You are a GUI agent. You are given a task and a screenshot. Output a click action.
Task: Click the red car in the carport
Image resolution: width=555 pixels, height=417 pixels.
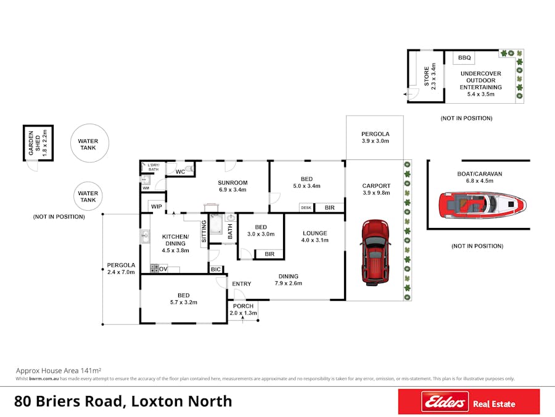[x=375, y=252]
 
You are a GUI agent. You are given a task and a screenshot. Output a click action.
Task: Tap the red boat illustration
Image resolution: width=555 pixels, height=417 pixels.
[x=483, y=203]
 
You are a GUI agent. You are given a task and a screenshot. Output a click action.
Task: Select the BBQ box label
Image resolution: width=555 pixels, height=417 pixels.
[x=464, y=58]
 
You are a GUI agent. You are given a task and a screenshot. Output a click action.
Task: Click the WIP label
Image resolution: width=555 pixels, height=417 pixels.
[x=156, y=206]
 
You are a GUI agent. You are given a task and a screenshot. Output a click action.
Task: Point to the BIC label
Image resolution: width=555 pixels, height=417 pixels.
[x=216, y=269]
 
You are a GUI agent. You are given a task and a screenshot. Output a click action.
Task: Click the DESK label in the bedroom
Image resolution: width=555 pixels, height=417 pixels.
[x=306, y=208]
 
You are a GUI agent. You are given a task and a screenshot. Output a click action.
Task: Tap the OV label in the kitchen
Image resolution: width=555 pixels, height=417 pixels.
[x=163, y=269]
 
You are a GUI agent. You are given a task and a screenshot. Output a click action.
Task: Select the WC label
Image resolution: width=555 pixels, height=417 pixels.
[x=181, y=171]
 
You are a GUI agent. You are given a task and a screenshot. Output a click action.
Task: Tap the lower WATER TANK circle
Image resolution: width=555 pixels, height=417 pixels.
[x=88, y=196]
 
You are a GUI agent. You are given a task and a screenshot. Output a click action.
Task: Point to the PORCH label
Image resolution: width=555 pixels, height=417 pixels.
[x=243, y=306]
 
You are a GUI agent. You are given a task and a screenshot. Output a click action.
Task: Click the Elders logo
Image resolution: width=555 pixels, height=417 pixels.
[x=444, y=403]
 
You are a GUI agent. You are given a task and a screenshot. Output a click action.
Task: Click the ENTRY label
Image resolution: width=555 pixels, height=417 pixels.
[x=242, y=284]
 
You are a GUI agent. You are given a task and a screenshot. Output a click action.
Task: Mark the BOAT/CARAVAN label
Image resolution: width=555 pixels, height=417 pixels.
[x=480, y=174]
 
